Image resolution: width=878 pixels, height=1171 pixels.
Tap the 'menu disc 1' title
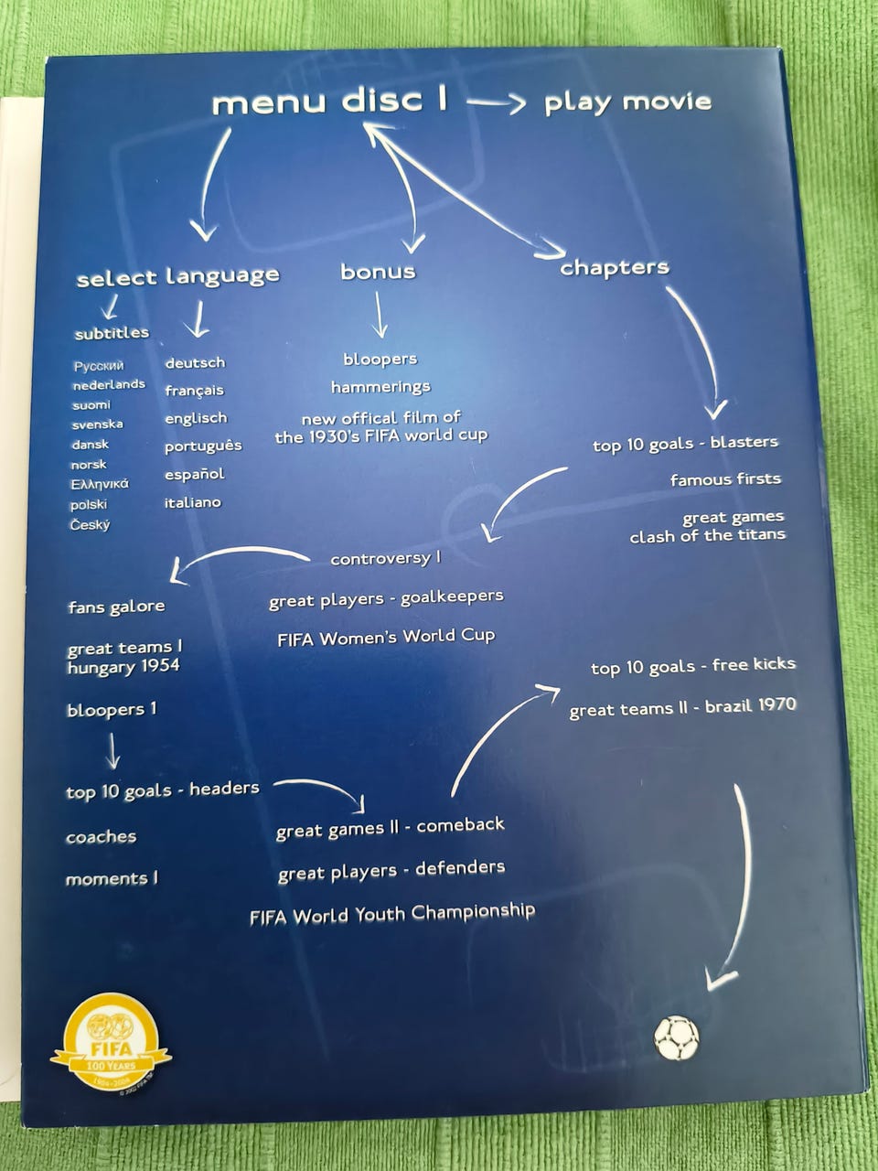329,102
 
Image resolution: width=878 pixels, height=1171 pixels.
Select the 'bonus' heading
378,272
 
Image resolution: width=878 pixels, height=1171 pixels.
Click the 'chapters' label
614,267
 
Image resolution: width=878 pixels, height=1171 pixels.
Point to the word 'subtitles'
112,333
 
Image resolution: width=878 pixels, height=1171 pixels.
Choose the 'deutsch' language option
195,363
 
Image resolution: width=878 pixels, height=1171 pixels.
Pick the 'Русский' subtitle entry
99,366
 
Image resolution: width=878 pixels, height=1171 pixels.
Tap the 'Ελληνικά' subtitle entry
100,484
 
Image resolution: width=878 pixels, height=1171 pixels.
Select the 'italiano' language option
192,502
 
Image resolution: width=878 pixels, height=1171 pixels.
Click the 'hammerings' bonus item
380,387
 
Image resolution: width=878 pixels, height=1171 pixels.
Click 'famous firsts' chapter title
725,479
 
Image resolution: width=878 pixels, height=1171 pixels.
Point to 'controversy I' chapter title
385,559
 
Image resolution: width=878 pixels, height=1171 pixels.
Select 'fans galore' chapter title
116,607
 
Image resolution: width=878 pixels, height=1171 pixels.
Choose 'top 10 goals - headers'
163,790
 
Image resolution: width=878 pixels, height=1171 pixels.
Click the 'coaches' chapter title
101,836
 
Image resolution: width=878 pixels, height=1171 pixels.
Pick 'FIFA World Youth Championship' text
391,914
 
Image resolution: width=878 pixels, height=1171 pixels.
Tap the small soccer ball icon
676,1037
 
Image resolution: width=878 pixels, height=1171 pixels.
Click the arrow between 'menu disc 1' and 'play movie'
496,102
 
